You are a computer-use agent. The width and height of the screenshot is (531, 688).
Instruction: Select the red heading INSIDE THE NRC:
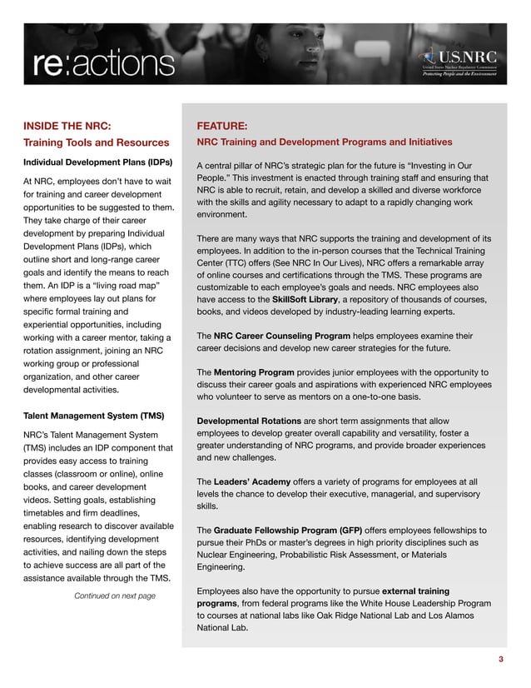[67, 126]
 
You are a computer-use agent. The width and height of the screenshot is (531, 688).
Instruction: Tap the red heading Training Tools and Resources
[97, 142]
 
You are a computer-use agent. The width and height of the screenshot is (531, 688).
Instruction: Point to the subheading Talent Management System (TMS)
[93, 415]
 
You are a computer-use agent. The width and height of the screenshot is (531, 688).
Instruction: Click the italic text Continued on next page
[115, 596]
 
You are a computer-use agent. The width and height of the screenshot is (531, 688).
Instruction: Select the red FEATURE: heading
[221, 126]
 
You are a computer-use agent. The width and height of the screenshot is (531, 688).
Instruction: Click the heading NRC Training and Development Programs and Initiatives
[325, 142]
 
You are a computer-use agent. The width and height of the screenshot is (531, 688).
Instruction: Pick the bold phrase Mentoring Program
[254, 371]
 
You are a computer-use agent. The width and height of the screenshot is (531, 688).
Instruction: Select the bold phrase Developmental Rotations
[249, 421]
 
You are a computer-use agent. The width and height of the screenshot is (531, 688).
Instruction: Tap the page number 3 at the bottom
[500, 660]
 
